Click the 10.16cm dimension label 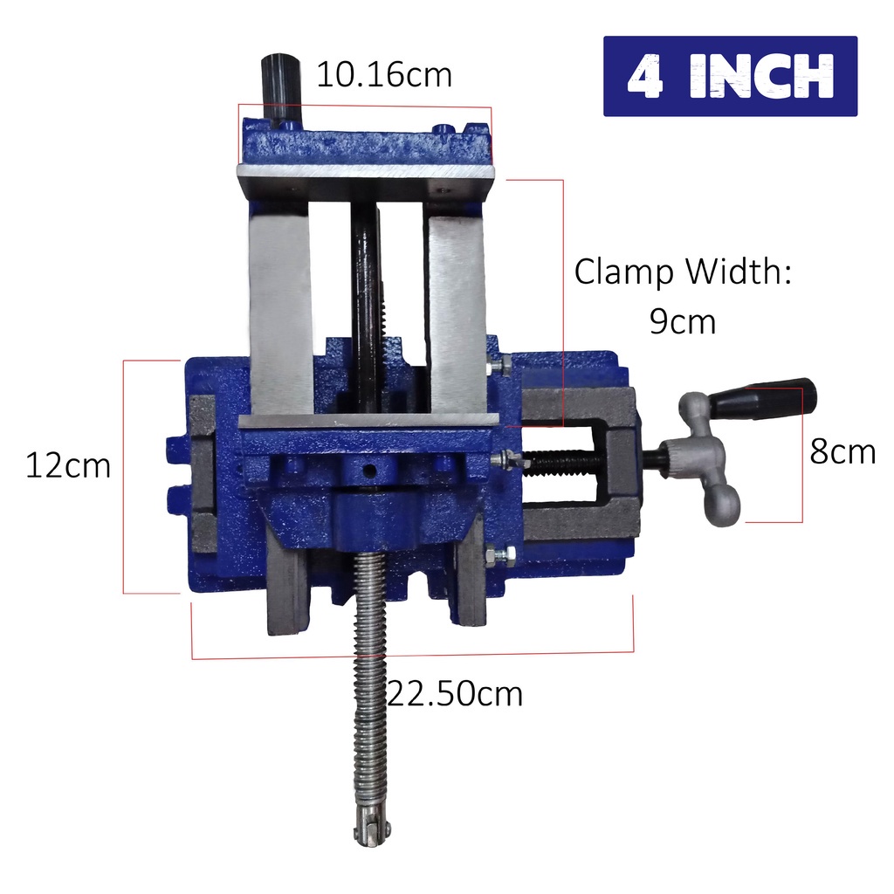pyautogui.click(x=384, y=75)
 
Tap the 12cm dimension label pyautogui.click(x=68, y=466)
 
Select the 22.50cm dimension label pyautogui.click(x=455, y=694)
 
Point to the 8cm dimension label pyautogui.click(x=842, y=451)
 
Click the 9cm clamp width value pyautogui.click(x=683, y=321)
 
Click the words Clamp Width pyautogui.click(x=683, y=272)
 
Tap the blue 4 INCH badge pyautogui.click(x=731, y=77)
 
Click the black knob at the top pyautogui.click(x=280, y=86)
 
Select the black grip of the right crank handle pyautogui.click(x=762, y=397)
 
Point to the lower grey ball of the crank pyautogui.click(x=721, y=505)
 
